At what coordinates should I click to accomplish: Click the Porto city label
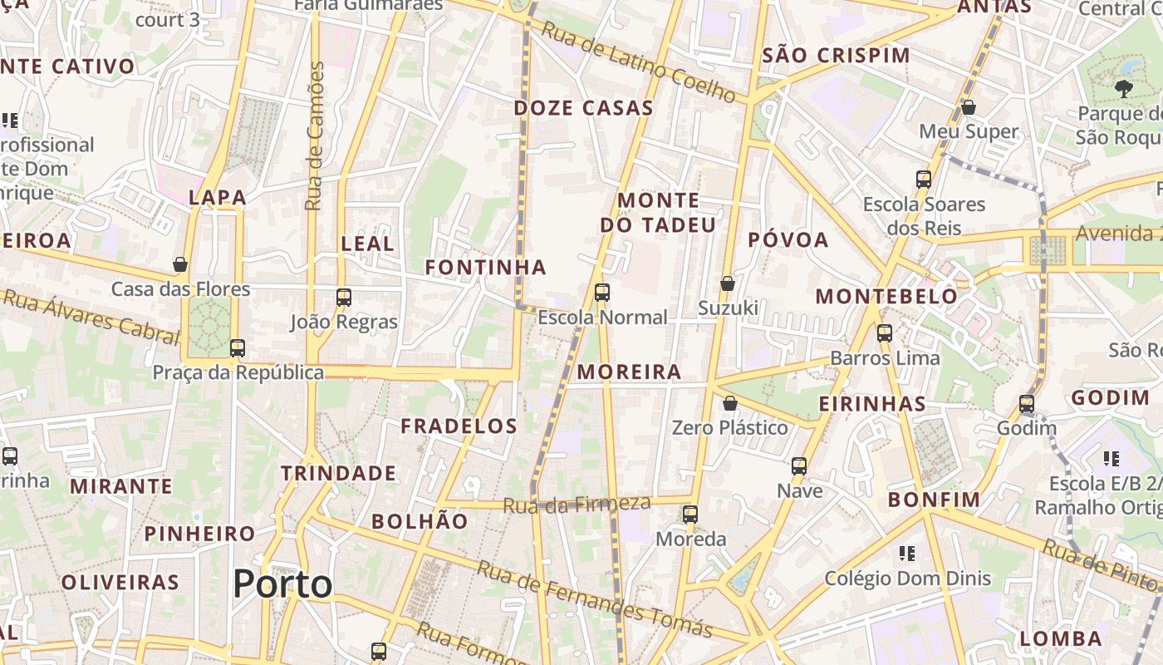click(282, 584)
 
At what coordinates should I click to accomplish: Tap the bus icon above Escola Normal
click(602, 293)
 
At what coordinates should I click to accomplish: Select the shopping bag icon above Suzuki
click(728, 283)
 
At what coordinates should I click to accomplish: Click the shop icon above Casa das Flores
click(180, 265)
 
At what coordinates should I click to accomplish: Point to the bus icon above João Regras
click(344, 297)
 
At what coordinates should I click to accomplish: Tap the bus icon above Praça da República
click(238, 347)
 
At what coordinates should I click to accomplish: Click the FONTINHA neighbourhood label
click(486, 268)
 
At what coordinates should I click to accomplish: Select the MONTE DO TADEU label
click(658, 213)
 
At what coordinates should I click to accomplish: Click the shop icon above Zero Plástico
click(730, 403)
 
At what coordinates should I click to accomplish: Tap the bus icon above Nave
click(799, 466)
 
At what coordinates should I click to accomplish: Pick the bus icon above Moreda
click(690, 515)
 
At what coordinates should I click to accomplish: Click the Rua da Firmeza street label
click(577, 504)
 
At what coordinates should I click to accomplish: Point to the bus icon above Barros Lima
click(885, 333)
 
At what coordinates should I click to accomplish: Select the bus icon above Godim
click(1027, 404)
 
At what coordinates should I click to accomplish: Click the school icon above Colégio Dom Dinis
click(907, 554)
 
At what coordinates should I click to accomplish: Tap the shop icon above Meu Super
click(969, 107)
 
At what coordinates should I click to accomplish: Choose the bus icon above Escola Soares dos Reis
click(924, 179)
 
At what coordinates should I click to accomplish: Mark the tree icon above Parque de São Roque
click(1124, 89)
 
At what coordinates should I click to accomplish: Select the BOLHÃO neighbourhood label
click(420, 522)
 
